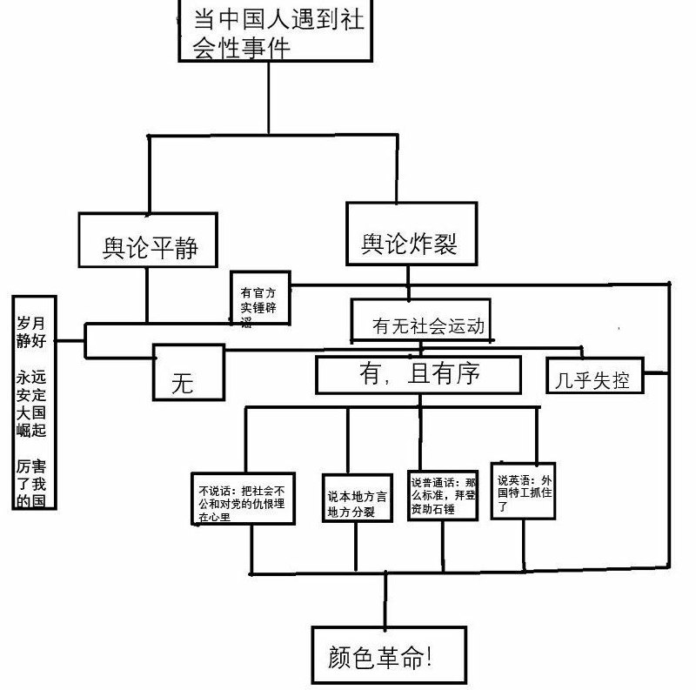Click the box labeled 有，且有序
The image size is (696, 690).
(418, 375)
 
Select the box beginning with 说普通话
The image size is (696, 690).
(443, 493)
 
